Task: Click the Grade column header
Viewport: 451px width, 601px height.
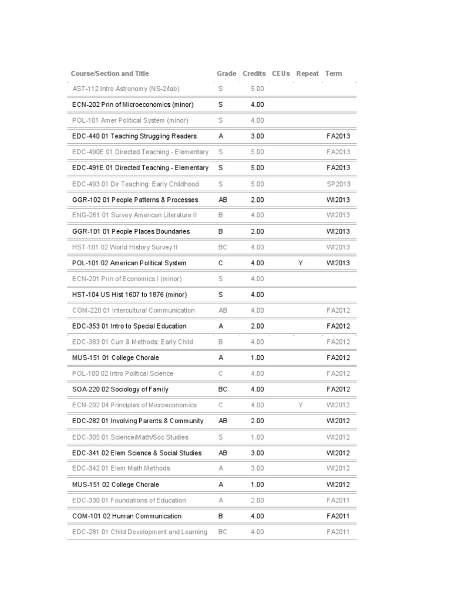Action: click(x=226, y=74)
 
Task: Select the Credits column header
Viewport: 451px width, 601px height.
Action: click(x=254, y=74)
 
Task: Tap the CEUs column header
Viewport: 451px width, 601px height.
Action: click(x=281, y=74)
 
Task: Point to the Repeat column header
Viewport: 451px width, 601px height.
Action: click(x=308, y=74)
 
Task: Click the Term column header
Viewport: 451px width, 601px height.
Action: click(x=333, y=74)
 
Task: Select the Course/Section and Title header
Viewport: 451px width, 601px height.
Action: click(x=110, y=74)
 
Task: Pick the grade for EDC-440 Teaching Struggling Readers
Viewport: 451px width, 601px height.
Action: click(x=221, y=136)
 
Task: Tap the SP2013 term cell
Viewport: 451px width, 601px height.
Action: click(x=338, y=184)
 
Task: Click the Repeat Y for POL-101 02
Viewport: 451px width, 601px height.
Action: click(x=300, y=263)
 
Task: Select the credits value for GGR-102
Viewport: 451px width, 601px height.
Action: click(x=257, y=200)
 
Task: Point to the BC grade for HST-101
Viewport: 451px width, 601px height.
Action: click(x=223, y=247)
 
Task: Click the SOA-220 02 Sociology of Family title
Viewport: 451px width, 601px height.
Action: click(x=120, y=389)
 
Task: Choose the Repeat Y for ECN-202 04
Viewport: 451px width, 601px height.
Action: click(x=300, y=405)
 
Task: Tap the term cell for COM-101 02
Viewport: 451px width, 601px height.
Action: click(x=338, y=516)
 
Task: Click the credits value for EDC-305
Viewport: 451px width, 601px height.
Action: click(x=257, y=437)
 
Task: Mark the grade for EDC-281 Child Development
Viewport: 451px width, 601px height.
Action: click(x=223, y=532)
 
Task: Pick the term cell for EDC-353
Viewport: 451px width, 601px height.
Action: click(x=338, y=326)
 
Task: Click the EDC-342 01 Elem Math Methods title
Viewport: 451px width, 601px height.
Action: click(x=121, y=468)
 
